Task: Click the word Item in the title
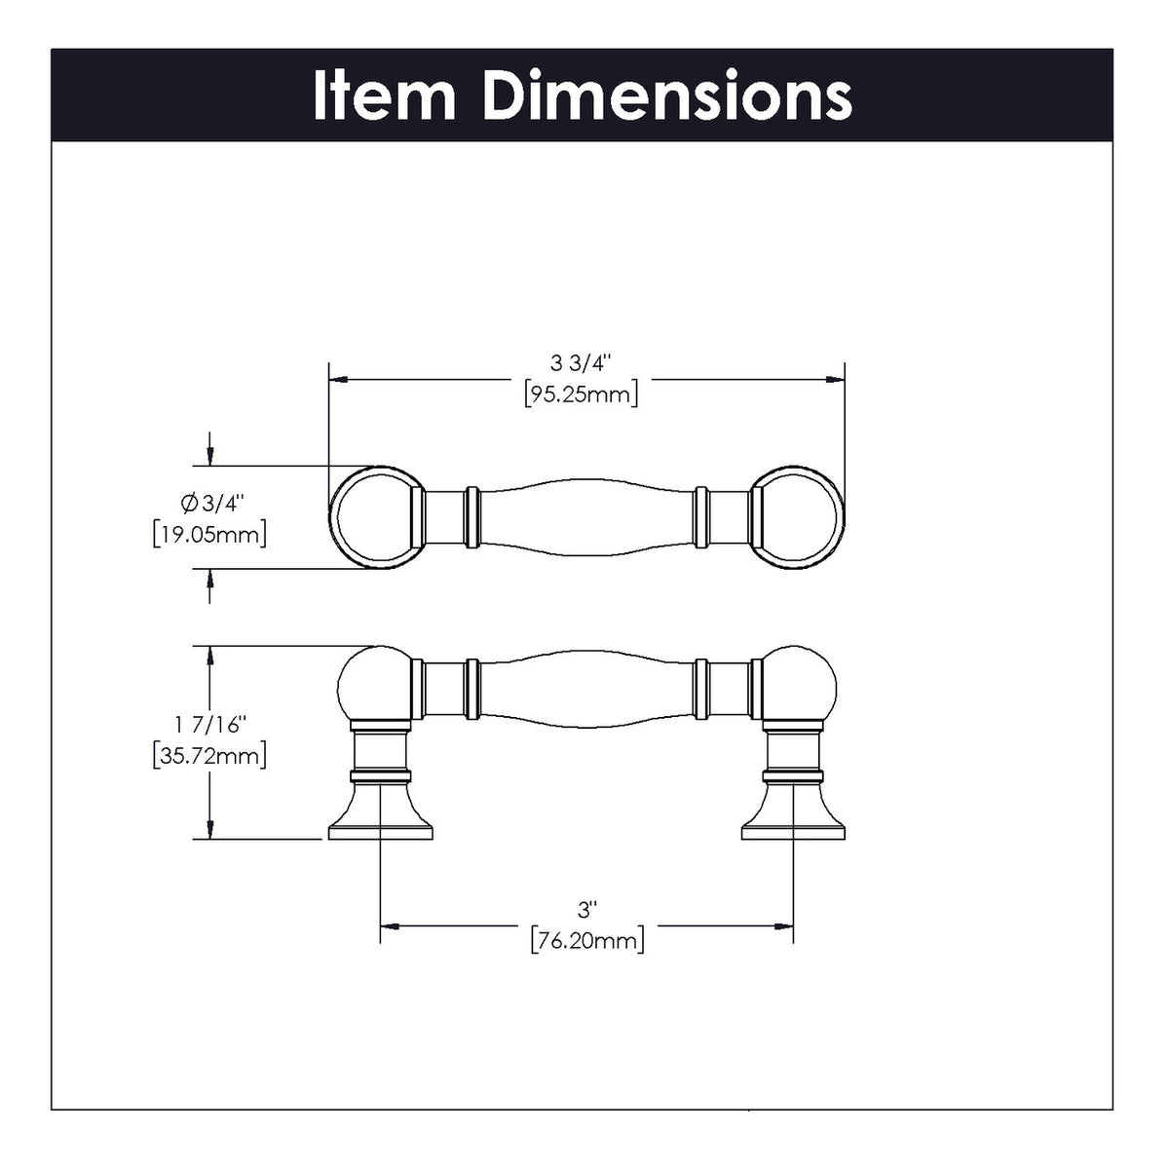click(x=384, y=96)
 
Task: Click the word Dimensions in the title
click(x=667, y=96)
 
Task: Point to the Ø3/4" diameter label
click(x=208, y=503)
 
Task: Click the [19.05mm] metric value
click(x=209, y=534)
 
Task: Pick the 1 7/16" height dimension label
click(x=210, y=724)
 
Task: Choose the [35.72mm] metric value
click(x=209, y=755)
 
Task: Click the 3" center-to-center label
click(x=586, y=910)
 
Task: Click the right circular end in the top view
click(x=797, y=516)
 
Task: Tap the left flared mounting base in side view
click(x=380, y=818)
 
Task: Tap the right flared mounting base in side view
click(x=793, y=818)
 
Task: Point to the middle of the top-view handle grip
click(x=586, y=516)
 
